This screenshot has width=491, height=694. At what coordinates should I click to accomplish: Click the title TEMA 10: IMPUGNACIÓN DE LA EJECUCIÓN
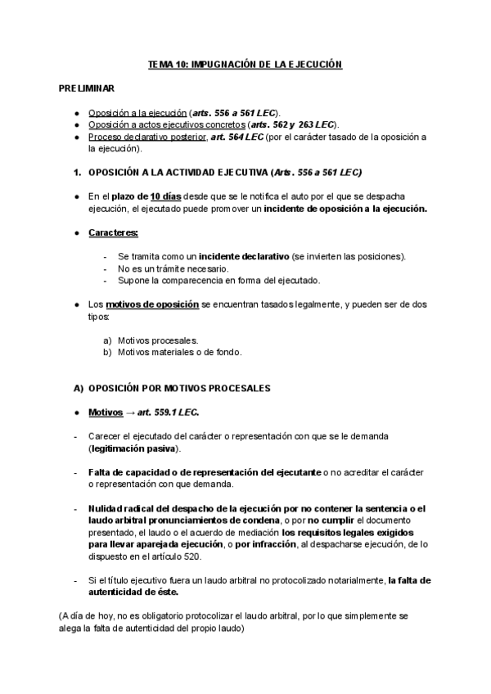point(245,63)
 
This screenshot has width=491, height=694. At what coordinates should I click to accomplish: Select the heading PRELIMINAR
point(87,87)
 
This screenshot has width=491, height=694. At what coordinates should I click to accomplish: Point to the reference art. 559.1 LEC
point(164,411)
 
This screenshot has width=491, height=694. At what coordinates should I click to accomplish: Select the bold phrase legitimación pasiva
point(134,449)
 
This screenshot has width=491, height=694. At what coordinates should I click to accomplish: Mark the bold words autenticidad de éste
point(133,592)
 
